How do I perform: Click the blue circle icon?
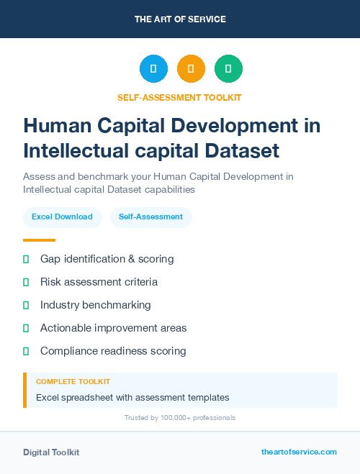click(x=153, y=69)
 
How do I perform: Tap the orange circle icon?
click(x=191, y=69)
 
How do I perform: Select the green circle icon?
click(x=228, y=69)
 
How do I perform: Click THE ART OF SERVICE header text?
click(x=180, y=19)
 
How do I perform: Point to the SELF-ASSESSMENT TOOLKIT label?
click(x=179, y=97)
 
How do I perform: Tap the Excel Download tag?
click(x=62, y=217)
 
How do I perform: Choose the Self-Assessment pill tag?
click(x=150, y=217)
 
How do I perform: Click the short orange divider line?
click(x=39, y=240)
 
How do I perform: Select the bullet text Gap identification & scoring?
click(x=107, y=259)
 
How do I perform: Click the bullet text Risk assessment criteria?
click(x=99, y=282)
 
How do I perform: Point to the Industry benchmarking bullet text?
click(x=95, y=305)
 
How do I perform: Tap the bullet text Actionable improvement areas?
click(x=113, y=328)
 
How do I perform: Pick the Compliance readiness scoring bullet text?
click(x=113, y=351)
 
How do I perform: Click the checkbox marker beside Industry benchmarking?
click(x=26, y=305)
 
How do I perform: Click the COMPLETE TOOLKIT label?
click(x=73, y=382)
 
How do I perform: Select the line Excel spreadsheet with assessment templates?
click(x=132, y=397)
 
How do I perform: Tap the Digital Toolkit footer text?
click(x=51, y=452)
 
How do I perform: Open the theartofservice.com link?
click(x=299, y=452)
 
